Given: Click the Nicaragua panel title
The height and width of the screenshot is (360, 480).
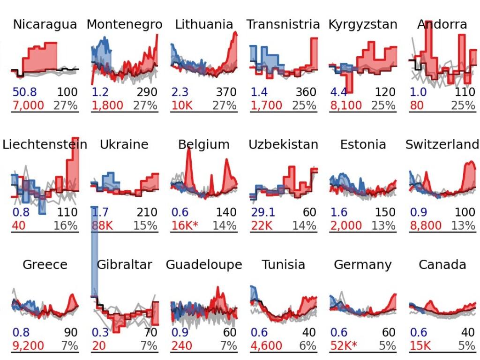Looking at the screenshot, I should [x=45, y=24].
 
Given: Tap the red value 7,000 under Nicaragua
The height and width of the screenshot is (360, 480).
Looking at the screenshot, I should [x=28, y=105].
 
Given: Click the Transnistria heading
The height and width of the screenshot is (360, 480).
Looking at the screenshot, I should [x=283, y=24].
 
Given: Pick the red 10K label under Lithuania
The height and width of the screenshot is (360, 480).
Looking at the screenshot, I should [x=181, y=105].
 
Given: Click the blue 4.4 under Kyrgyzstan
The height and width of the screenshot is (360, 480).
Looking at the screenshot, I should [x=339, y=92].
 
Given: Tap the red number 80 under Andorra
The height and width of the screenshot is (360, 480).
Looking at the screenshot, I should [x=416, y=105].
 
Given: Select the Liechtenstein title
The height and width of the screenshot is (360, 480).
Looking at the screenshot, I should [x=45, y=144].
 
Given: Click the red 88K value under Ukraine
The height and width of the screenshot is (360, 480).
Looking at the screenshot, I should [x=102, y=225].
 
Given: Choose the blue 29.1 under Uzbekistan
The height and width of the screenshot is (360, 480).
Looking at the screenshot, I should [x=262, y=212].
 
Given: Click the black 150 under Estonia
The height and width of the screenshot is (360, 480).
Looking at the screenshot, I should [x=385, y=212].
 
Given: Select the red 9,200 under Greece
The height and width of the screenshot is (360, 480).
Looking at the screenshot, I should [x=28, y=346].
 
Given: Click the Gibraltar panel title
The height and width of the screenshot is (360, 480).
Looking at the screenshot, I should [x=124, y=265].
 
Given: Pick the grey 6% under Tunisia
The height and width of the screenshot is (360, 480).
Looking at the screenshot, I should [x=308, y=346].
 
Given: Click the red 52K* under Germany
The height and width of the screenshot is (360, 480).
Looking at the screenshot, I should [x=344, y=346].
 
